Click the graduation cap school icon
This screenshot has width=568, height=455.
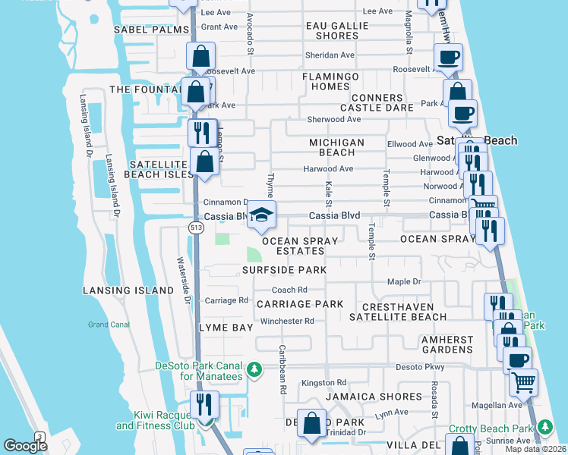pos(261,215)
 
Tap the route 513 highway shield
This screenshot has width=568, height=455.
pos(197,227)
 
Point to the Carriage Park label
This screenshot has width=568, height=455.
pos(300,304)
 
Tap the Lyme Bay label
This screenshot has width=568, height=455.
pos(225,328)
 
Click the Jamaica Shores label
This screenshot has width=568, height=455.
pos(373,397)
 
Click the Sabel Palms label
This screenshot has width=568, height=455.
pos(150,30)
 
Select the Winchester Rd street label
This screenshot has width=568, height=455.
pos(287,321)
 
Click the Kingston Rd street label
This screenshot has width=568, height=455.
pos(323,383)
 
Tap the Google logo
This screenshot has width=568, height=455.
pos(25,446)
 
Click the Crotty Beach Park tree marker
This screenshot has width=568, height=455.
pos(544,428)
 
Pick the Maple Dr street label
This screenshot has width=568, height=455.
pos(403,281)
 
